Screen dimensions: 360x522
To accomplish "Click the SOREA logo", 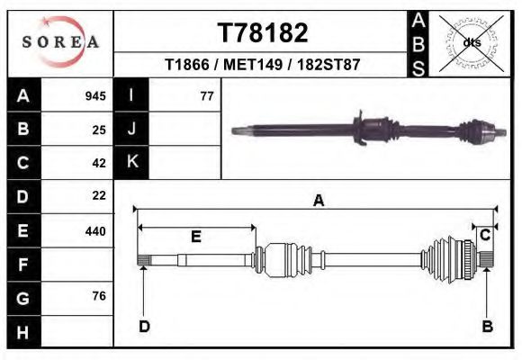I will tap(59, 42).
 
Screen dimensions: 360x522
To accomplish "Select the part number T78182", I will tap(263, 32).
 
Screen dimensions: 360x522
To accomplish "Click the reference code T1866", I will tap(188, 65).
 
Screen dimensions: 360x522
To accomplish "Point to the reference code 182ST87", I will tap(330, 65).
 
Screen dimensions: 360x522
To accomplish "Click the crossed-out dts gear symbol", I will tap(471, 42).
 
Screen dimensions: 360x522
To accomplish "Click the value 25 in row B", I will tap(99, 130).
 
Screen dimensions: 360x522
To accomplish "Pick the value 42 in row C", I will tap(99, 163).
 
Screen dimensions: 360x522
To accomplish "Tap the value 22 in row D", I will tap(99, 195).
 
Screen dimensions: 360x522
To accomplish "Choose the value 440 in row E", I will tap(95, 230).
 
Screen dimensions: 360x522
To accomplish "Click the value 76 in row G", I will tap(99, 296).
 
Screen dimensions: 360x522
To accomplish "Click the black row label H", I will tap(22, 331).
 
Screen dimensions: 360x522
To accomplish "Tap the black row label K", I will tap(132, 162).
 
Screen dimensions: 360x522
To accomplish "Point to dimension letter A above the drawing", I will tap(318, 202).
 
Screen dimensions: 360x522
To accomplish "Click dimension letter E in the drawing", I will tap(195, 237).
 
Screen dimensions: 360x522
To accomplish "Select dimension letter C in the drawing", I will tap(484, 236).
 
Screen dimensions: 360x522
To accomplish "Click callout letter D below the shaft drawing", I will tap(143, 327).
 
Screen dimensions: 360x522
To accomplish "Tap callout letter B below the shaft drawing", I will tap(487, 327).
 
